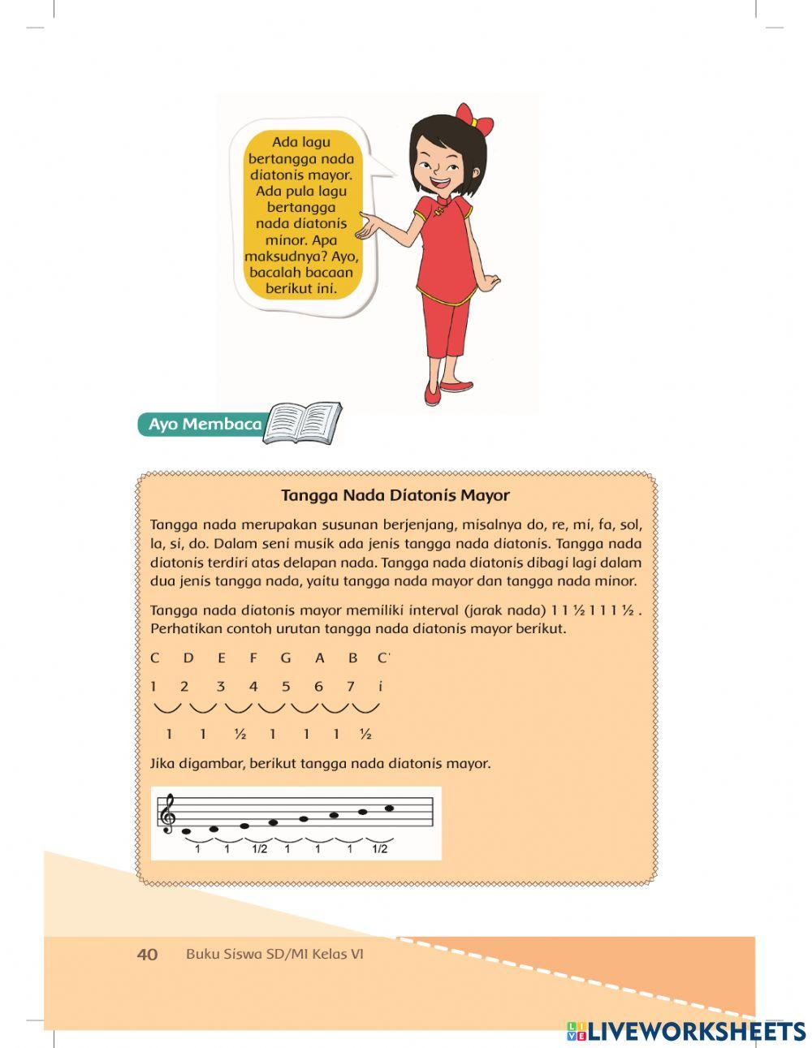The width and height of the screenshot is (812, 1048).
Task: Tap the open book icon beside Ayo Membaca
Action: point(303,424)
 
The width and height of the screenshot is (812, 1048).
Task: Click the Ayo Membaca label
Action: point(205,425)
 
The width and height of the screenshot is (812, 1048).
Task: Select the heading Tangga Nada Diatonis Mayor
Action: point(395,495)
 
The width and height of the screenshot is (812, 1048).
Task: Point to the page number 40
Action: point(147,954)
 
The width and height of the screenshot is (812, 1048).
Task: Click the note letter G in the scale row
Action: point(286,658)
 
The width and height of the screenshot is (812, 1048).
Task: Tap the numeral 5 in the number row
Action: point(286,686)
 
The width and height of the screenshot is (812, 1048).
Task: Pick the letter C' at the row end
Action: point(382,658)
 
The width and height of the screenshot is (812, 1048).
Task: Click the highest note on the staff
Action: point(389,808)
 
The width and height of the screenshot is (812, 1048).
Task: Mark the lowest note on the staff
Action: point(187,831)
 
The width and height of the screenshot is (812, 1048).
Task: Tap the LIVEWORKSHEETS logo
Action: point(685,1031)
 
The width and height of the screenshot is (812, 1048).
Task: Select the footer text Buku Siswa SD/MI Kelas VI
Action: point(274,954)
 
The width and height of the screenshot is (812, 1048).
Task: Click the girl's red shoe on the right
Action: point(456,386)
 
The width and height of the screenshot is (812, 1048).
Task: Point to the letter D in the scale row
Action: point(188,658)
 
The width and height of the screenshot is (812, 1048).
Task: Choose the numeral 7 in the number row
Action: point(351,686)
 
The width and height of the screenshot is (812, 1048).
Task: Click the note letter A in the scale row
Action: point(319,658)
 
